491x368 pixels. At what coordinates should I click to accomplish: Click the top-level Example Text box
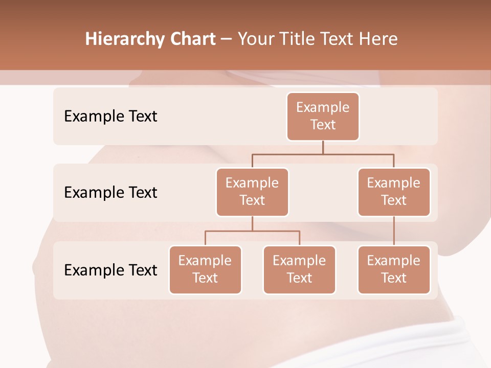click(x=323, y=117)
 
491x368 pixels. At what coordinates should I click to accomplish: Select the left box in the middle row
click(x=252, y=192)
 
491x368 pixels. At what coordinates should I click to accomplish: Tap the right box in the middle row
click(x=394, y=192)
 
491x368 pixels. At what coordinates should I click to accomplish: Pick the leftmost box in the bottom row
click(x=205, y=270)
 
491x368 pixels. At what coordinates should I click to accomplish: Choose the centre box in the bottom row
click(x=299, y=270)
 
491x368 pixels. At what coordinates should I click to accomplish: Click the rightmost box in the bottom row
click(x=394, y=270)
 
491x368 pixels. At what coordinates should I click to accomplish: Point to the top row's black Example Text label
click(x=110, y=117)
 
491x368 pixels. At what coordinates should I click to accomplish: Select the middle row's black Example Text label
click(x=110, y=193)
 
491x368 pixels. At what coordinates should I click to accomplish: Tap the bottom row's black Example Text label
click(x=110, y=270)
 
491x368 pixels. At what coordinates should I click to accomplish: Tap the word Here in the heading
click(x=378, y=39)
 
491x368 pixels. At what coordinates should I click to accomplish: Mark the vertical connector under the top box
click(x=323, y=147)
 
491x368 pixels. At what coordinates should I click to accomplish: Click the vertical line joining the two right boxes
click(x=394, y=231)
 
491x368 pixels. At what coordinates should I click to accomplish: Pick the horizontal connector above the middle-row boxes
click(x=323, y=154)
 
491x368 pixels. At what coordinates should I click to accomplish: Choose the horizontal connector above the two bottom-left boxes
click(x=252, y=231)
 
